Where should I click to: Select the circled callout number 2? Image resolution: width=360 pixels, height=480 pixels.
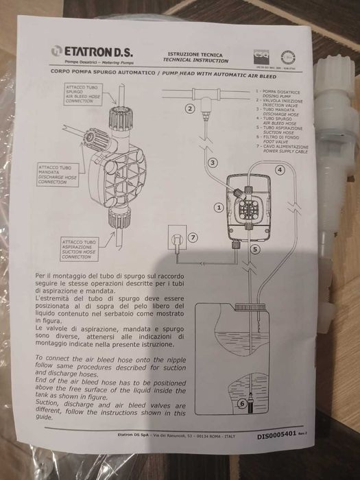click(190, 108)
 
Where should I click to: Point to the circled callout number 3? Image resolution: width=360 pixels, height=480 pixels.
click(213, 163)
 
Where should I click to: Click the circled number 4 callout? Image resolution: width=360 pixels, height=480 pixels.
click(280, 169)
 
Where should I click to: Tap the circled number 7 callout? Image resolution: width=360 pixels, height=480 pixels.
click(193, 237)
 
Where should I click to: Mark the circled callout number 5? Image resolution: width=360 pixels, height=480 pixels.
click(254, 250)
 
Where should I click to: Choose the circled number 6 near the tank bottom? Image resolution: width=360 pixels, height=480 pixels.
click(241, 404)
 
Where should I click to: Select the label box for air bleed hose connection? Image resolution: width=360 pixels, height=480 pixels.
click(82, 93)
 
